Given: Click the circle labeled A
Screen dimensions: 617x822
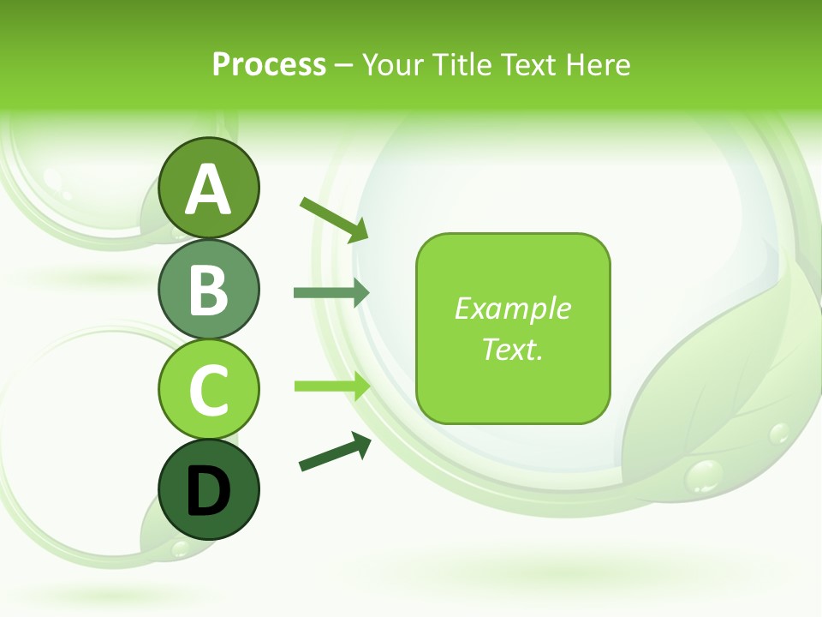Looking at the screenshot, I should coord(208,188).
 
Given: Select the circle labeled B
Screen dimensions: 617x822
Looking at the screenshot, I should coord(208,289).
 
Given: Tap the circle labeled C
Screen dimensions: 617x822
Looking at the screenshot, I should coord(208,389).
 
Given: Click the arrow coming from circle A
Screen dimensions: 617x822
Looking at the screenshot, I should coord(334,219).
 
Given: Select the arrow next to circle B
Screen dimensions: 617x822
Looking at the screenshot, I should coord(331,293).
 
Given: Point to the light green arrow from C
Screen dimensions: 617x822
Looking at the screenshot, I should coord(331,386).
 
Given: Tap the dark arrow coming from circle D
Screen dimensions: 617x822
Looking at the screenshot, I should coord(335,451).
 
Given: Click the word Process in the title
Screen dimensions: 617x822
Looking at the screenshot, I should coord(269,64).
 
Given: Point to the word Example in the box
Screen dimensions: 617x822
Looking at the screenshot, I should coord(512,308).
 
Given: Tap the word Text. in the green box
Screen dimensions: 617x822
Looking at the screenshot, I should coord(512,349).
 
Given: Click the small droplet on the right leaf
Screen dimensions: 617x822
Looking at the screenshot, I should coord(779,433).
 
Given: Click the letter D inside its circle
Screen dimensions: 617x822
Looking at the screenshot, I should coord(208,491).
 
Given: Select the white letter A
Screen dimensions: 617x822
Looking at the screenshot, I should coord(208,189).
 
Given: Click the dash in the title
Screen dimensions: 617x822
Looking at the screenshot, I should coord(344,65).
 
